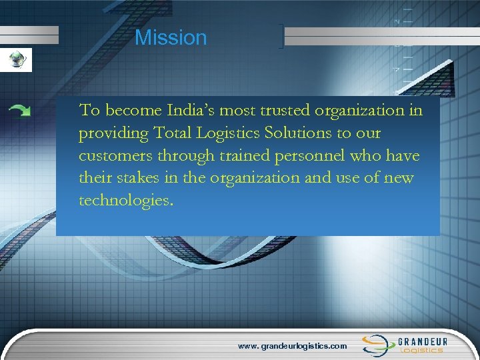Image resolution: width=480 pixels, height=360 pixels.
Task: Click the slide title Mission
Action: [171, 37]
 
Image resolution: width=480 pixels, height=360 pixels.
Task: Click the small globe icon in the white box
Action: [15, 59]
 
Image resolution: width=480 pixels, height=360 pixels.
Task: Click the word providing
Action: [112, 133]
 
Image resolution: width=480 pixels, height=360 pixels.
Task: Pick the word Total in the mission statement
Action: [174, 133]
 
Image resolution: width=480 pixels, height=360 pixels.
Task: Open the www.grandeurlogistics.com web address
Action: [293, 346]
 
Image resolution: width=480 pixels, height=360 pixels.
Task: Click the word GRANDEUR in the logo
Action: [423, 341]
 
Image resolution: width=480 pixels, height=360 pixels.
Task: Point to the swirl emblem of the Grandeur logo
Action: [376, 344]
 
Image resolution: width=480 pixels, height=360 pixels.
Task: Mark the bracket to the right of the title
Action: [283, 37]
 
